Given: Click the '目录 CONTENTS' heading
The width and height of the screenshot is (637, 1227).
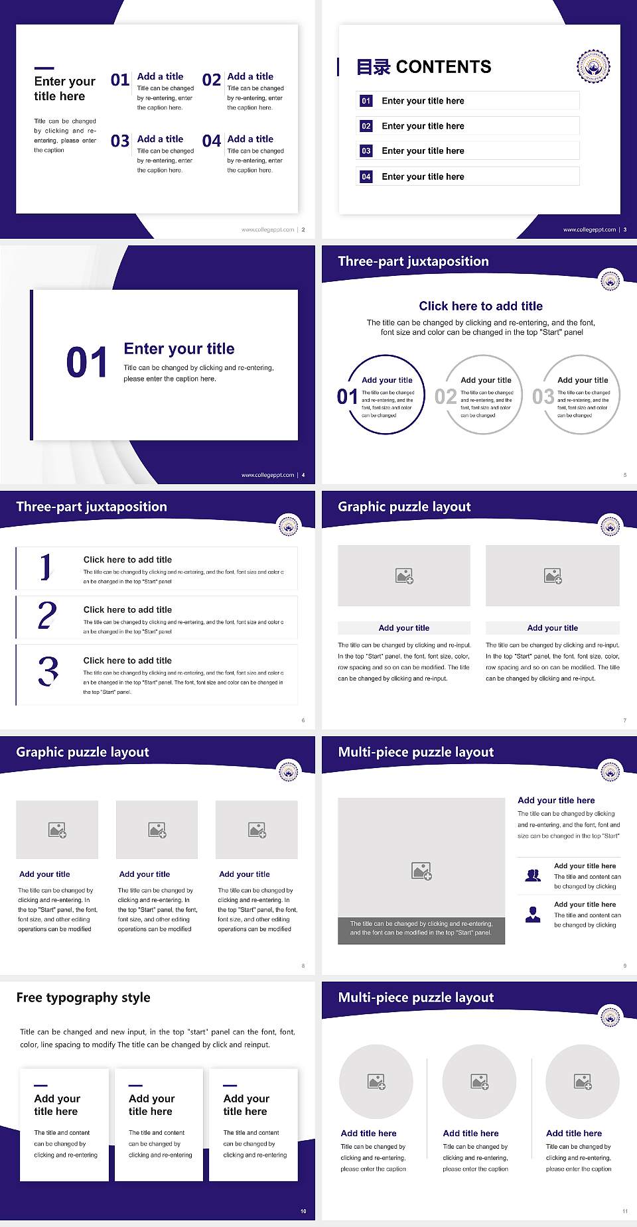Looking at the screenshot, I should click(424, 67).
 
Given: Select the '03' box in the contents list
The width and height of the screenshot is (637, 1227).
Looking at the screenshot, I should click(366, 151).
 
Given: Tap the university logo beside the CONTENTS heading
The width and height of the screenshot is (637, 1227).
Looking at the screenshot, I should click(593, 66).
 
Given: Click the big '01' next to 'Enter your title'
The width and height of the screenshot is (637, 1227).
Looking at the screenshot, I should click(87, 363).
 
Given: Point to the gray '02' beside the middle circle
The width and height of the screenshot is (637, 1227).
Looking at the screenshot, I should click(445, 397).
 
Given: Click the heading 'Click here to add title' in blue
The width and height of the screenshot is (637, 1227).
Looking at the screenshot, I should click(480, 306).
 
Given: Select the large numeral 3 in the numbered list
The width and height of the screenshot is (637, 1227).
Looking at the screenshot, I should click(48, 671).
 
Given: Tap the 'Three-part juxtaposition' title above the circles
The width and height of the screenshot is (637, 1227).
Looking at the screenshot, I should click(413, 261).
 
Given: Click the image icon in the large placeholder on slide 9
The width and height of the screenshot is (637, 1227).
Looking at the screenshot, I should click(421, 871).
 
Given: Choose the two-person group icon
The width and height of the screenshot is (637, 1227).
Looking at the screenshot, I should click(533, 875).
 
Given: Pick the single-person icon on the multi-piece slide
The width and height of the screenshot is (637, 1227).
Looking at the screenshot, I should click(533, 915).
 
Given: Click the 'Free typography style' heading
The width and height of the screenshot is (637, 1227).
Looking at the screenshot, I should click(83, 998).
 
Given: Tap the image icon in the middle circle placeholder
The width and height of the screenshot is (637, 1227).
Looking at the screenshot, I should click(479, 1082).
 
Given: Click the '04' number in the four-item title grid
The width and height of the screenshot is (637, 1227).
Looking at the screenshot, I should click(212, 141).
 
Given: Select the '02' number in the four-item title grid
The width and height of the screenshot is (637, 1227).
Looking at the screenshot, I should click(212, 80).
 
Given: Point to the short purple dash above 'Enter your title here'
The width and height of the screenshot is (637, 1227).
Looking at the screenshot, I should click(44, 68).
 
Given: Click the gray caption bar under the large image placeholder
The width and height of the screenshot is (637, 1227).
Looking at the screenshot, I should click(421, 928).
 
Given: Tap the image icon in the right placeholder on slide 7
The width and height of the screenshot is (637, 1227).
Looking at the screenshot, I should click(553, 576).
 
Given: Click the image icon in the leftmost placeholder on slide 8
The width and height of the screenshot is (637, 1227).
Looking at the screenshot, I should click(57, 830).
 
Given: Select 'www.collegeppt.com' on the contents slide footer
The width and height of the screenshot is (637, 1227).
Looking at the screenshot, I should click(589, 229).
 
